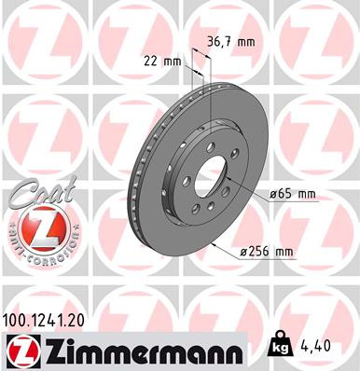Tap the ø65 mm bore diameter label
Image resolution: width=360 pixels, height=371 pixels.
point(293,194)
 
